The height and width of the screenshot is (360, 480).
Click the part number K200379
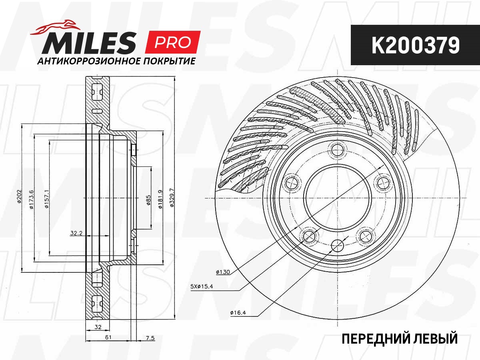point(415,45)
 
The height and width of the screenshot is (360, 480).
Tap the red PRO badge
point(173,42)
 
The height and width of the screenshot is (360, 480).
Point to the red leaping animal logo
point(55,27)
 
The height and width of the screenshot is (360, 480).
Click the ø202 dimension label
point(19,196)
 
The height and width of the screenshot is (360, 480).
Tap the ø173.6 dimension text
point(32,199)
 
